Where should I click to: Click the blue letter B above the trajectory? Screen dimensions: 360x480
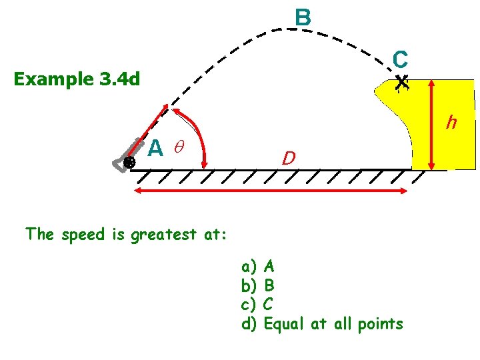click(x=303, y=17)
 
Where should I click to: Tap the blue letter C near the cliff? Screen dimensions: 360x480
click(x=400, y=60)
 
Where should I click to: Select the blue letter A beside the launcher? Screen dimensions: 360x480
click(x=155, y=147)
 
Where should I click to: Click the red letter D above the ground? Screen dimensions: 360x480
click(x=289, y=159)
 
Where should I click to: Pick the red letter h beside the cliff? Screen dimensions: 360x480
click(x=452, y=123)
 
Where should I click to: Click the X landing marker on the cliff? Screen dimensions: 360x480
click(x=401, y=83)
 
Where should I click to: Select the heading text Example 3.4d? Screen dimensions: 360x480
click(x=77, y=79)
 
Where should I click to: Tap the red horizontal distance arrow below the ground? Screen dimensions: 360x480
click(x=271, y=191)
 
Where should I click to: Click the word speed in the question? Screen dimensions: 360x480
click(x=83, y=235)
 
